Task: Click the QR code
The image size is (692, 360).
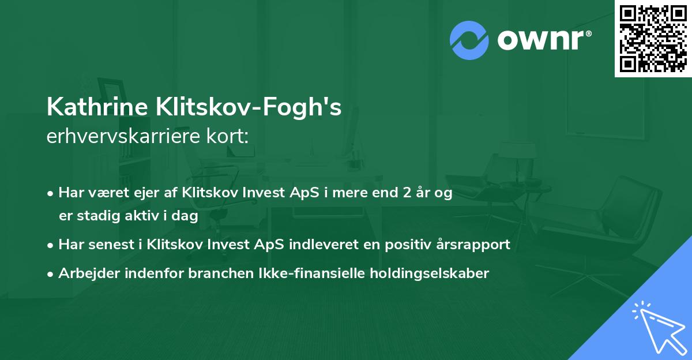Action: pyautogui.click(x=653, y=39)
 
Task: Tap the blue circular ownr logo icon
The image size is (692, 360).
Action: pyautogui.click(x=469, y=40)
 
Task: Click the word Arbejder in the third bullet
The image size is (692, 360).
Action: pyautogui.click(x=86, y=273)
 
